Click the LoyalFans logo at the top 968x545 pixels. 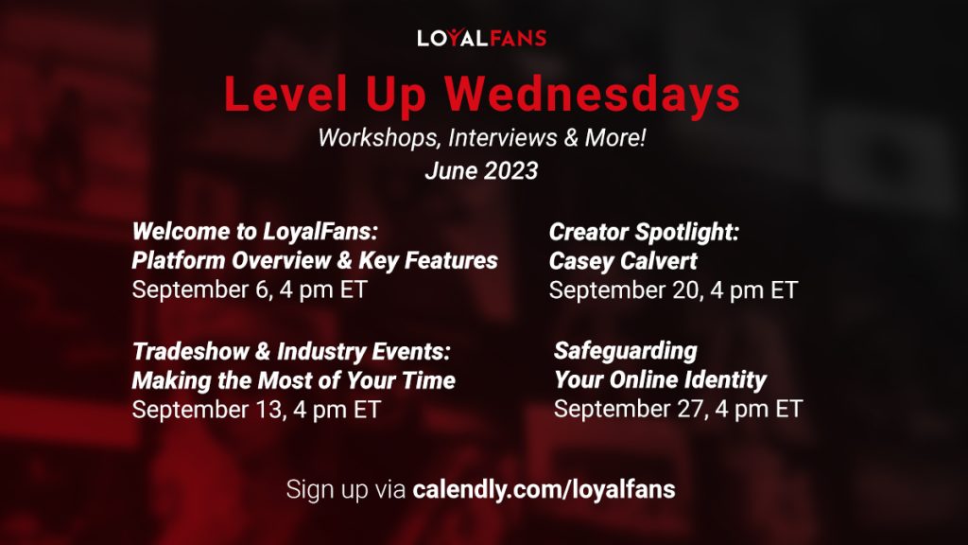482,38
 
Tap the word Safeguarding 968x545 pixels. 625,351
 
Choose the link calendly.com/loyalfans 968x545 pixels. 544,490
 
